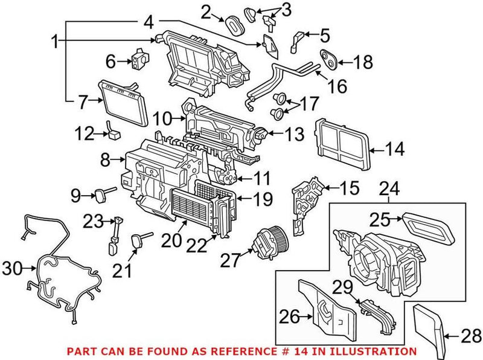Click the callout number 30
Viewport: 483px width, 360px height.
coord(13,267)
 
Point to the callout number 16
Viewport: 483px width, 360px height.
coord(337,86)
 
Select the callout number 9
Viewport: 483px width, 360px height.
coord(76,194)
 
